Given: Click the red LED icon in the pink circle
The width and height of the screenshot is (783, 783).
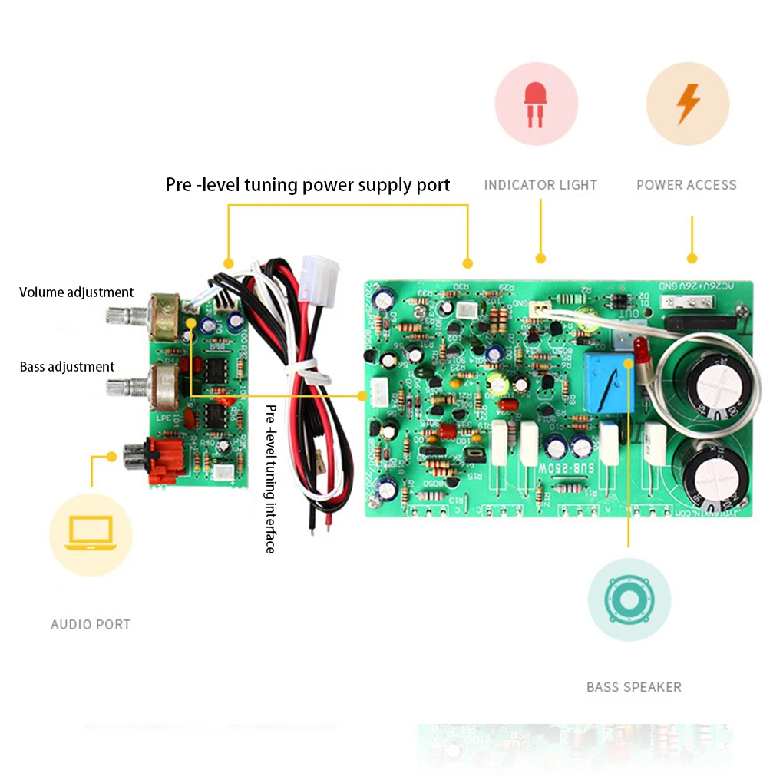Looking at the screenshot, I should tap(536, 104).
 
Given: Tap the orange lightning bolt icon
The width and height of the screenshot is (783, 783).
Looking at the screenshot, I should tap(688, 104).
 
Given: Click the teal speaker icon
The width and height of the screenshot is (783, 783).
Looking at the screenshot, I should tap(629, 599).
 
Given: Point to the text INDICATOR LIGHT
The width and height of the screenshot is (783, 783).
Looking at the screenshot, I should tap(540, 185).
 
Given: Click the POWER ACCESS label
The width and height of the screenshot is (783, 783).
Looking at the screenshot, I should tap(686, 185).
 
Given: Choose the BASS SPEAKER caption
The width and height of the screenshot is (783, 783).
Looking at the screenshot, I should tap(633, 687).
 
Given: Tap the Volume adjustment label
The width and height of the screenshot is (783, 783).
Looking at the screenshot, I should tap(76, 292).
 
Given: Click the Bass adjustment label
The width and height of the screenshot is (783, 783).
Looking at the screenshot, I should tap(67, 367).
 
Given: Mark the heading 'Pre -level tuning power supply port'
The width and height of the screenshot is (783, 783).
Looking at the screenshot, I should tap(308, 185).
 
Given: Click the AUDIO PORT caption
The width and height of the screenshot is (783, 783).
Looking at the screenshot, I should tap(91, 625).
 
